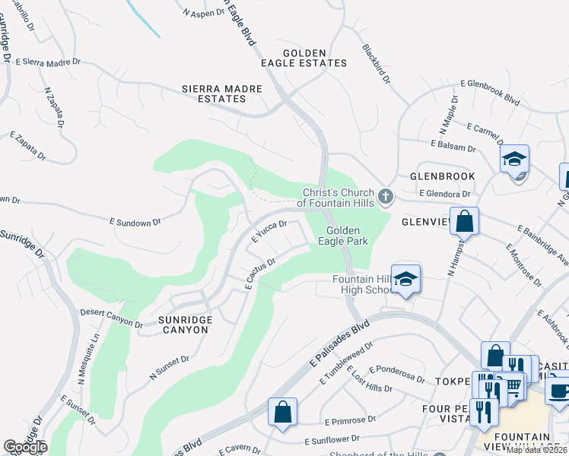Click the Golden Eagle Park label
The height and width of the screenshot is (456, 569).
[x=348, y=236]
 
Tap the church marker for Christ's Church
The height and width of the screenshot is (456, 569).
[x=386, y=198]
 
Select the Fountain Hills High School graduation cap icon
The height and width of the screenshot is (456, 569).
[x=406, y=279]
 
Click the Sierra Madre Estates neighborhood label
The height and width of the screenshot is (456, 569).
[x=221, y=94]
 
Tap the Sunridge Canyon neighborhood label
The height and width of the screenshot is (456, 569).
[x=183, y=325]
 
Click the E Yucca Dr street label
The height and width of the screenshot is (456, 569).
[x=269, y=231]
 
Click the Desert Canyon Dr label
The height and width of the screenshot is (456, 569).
[x=112, y=319]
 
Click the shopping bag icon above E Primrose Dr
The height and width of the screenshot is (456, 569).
[x=282, y=413]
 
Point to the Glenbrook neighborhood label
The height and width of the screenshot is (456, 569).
[x=442, y=176]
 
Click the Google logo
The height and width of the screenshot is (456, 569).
[x=25, y=447]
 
